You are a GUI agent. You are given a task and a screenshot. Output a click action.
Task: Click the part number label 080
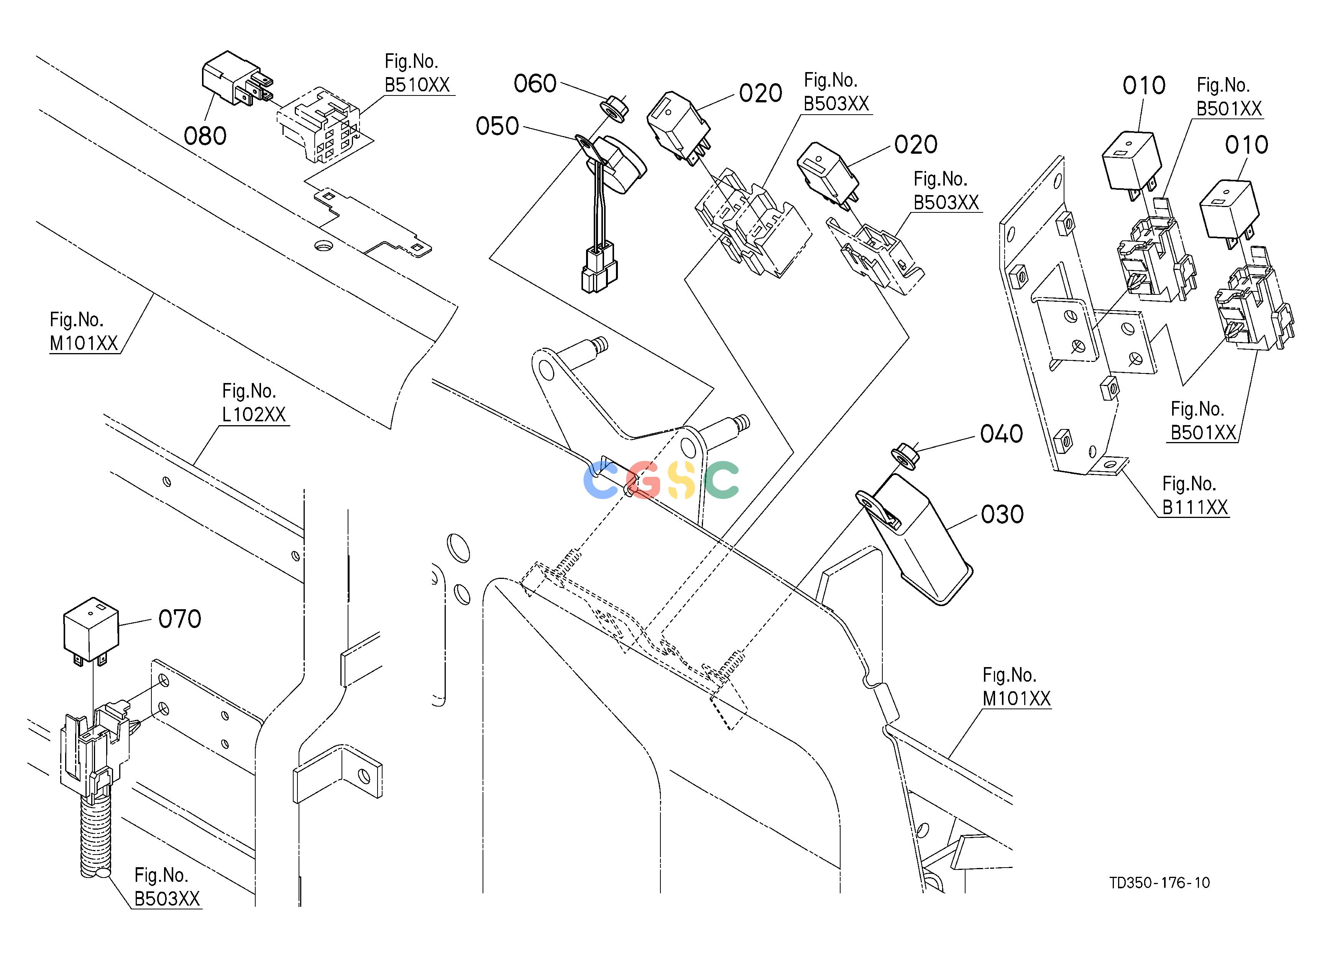pyautogui.click(x=205, y=136)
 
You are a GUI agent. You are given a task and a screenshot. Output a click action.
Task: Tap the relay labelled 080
pyautogui.click(x=236, y=79)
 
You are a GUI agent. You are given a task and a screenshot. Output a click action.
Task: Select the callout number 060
pyautogui.click(x=535, y=84)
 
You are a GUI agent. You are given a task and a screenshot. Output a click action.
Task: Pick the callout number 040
pyautogui.click(x=1002, y=434)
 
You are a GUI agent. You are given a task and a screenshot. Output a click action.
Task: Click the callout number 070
pyautogui.click(x=180, y=619)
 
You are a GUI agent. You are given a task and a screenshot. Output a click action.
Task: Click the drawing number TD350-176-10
pyautogui.click(x=1159, y=883)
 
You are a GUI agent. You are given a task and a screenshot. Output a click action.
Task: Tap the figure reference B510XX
pyautogui.click(x=417, y=85)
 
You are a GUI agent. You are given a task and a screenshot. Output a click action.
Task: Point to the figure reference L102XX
pyautogui.click(x=254, y=414)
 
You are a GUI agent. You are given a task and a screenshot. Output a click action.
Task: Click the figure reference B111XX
pyautogui.click(x=1195, y=508)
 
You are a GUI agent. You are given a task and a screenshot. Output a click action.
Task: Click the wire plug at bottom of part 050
pyautogui.click(x=599, y=270)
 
